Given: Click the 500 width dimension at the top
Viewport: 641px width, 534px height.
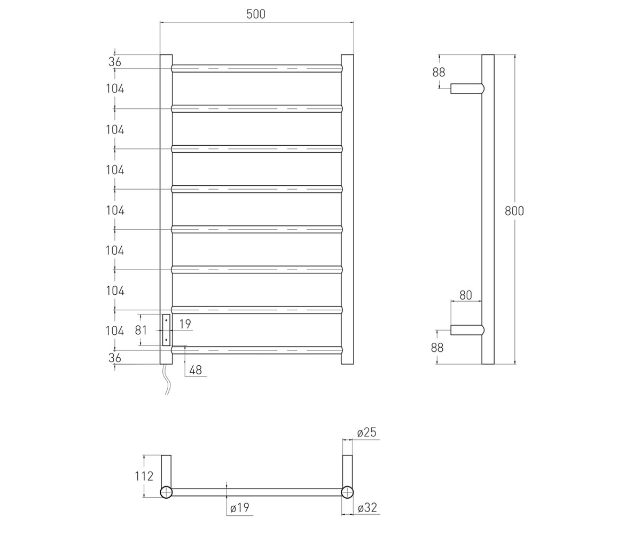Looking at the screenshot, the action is coord(256,14).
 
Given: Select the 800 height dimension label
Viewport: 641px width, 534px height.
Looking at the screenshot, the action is coord(514,211).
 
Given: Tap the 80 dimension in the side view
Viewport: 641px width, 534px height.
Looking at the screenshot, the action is coord(465,295).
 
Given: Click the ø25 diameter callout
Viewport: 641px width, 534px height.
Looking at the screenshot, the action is coord(367,433).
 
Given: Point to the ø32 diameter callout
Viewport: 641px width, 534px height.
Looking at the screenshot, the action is coord(367,508).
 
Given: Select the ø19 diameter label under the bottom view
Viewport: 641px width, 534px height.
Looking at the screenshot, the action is coord(239,508).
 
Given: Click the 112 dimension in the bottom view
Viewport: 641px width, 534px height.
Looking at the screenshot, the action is coord(144,476).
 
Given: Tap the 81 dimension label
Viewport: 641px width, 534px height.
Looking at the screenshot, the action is coord(141,330).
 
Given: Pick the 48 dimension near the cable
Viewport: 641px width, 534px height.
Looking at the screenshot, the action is coord(196,370).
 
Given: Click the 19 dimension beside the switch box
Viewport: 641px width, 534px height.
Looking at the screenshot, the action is coord(185,324).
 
